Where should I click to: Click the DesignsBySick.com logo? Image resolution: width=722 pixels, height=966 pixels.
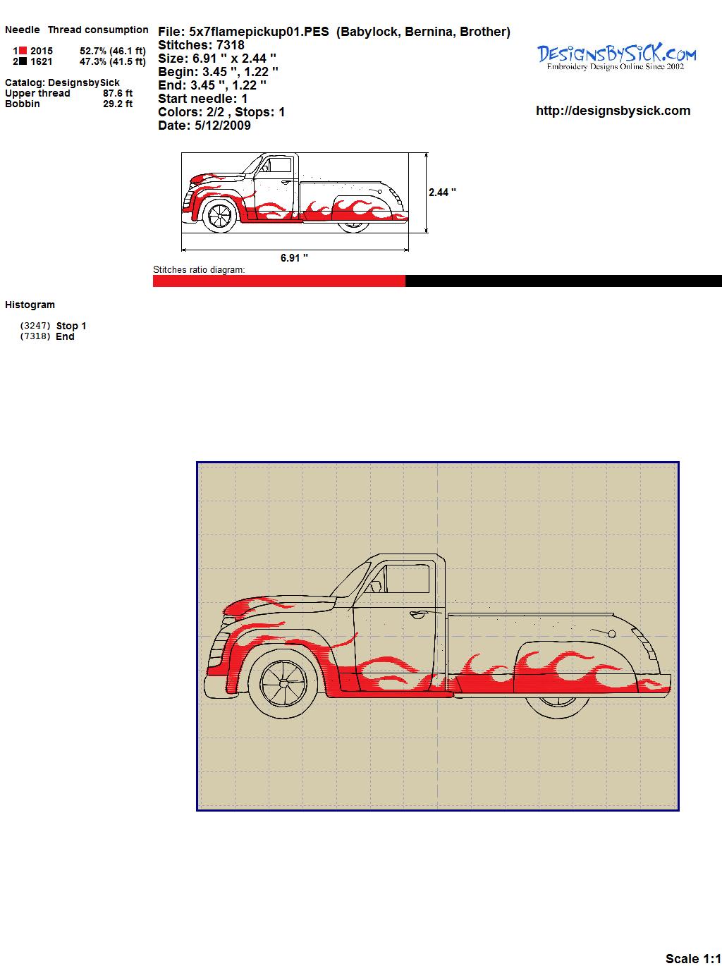[616, 56]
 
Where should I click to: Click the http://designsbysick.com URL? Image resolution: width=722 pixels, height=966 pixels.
[613, 111]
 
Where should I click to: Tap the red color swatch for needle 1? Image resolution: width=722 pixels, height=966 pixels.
[23, 51]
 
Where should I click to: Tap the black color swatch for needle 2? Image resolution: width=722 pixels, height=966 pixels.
[23, 61]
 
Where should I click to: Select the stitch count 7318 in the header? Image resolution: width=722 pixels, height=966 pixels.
[230, 45]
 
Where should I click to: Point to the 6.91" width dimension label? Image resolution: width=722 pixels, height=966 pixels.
[294, 257]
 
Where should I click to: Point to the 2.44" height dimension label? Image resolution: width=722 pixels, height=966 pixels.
[442, 192]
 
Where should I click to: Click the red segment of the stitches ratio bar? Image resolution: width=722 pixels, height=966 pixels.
[279, 281]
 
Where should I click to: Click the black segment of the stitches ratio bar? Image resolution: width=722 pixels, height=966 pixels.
[563, 281]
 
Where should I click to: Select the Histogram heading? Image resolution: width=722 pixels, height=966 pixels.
[30, 305]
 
